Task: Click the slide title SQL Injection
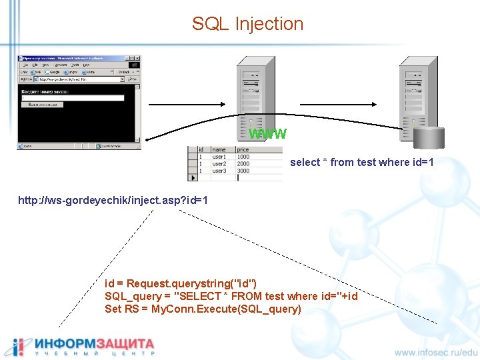[247, 24]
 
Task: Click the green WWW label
[267, 134]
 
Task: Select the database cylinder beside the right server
[428, 137]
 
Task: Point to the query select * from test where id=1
[362, 162]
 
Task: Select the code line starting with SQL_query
[231, 296]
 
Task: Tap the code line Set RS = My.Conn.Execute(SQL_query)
[203, 309]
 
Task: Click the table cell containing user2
[219, 163]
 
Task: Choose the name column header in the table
[219, 150]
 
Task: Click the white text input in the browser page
[73, 98]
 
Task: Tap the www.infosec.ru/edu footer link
[436, 352]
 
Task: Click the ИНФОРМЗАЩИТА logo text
[95, 343]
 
